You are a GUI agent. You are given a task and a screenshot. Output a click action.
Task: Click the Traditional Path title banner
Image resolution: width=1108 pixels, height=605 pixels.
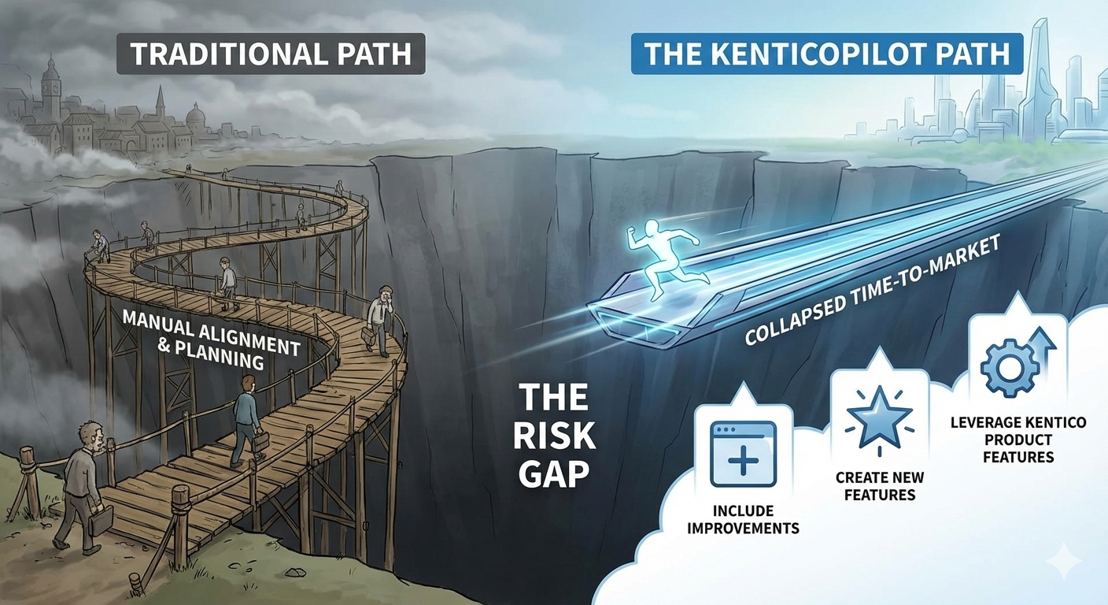(270, 54)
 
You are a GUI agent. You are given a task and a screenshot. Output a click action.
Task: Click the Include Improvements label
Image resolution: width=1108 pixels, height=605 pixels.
(743, 520)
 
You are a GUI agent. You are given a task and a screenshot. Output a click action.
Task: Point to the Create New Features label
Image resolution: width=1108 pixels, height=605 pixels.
(880, 486)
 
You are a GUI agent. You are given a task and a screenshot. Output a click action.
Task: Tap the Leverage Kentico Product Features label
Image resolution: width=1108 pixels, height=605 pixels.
(1018, 440)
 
